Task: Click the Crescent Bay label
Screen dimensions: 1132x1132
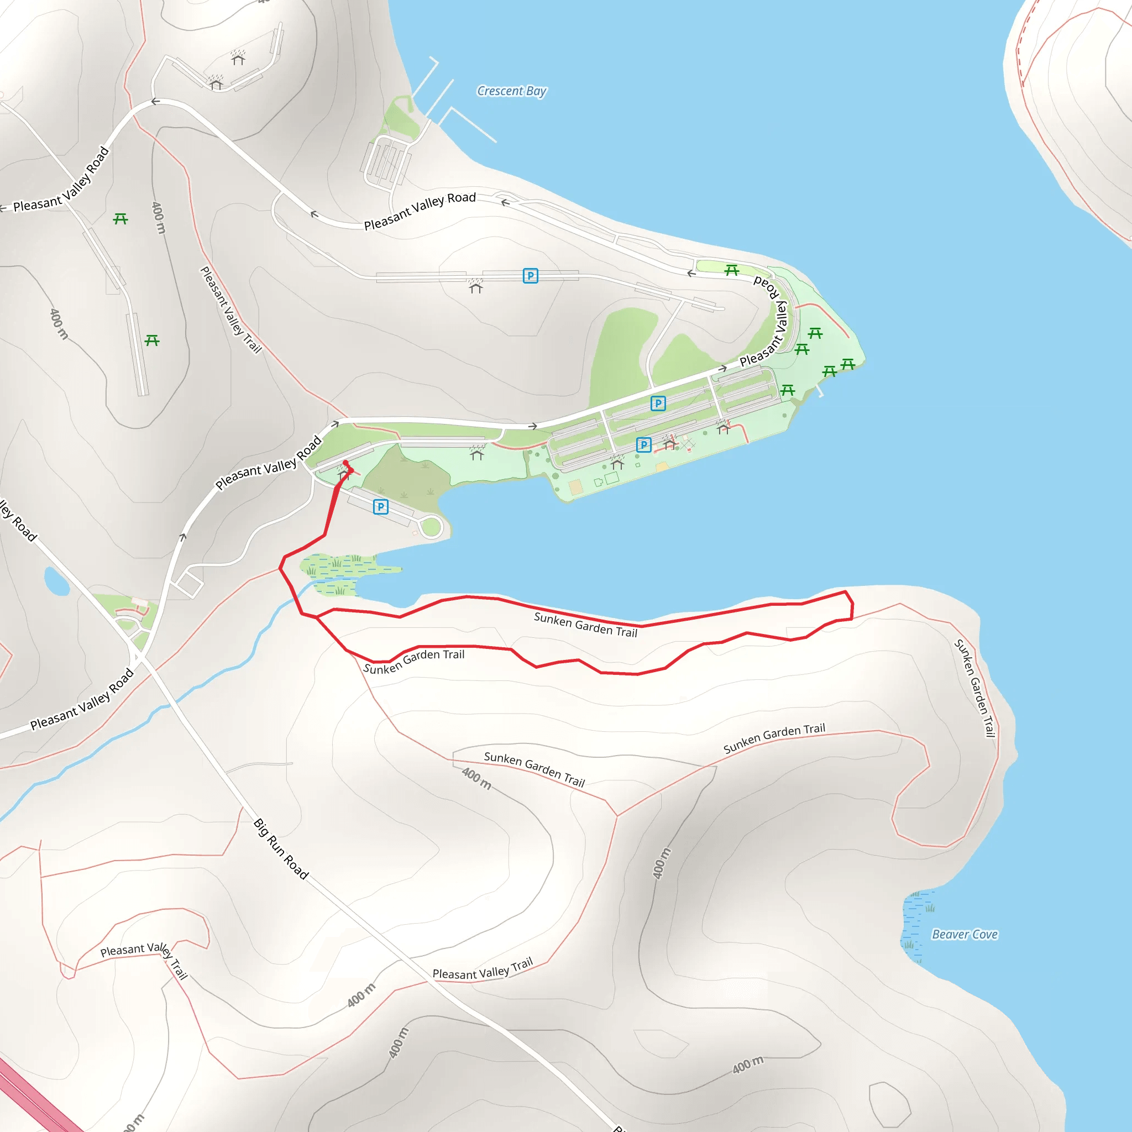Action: (x=511, y=91)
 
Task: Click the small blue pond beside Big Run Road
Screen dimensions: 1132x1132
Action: (x=56, y=581)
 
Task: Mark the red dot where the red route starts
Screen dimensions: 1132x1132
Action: (x=345, y=463)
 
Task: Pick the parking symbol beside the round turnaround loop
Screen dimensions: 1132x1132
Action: (x=380, y=507)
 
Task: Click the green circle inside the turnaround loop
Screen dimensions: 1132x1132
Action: (x=431, y=527)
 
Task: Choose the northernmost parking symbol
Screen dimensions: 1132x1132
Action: (x=530, y=275)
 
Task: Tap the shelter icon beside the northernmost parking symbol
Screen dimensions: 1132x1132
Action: (x=476, y=286)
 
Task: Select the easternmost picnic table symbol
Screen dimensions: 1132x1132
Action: (x=848, y=364)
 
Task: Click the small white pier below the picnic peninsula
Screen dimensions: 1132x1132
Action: (x=820, y=391)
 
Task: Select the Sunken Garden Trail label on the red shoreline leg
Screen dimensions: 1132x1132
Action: (x=585, y=624)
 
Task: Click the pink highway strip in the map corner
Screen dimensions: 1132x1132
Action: (x=35, y=1102)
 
